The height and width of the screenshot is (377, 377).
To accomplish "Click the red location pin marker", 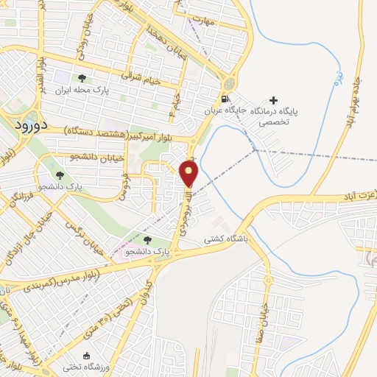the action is click(189, 174).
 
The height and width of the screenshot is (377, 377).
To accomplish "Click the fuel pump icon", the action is click(223, 100).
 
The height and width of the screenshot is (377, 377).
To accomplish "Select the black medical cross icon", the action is click(274, 100).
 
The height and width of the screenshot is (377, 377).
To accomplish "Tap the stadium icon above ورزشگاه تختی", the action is click(88, 356).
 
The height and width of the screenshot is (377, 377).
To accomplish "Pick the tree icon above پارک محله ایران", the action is click(82, 78).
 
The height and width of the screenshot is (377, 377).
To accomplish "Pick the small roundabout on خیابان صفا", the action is click(268, 281).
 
